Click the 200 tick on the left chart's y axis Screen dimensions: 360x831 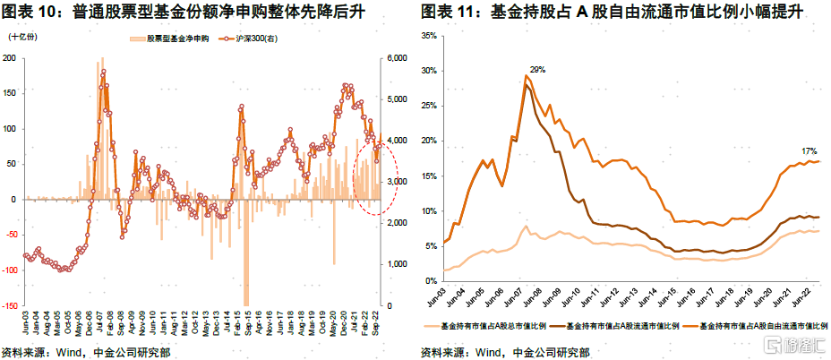pos(11,58)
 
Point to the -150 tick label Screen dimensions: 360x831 pos(10,305)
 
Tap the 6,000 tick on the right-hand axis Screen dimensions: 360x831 pos(398,58)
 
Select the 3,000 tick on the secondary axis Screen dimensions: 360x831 pos(398,182)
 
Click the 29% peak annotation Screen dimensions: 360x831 pos(536,69)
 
